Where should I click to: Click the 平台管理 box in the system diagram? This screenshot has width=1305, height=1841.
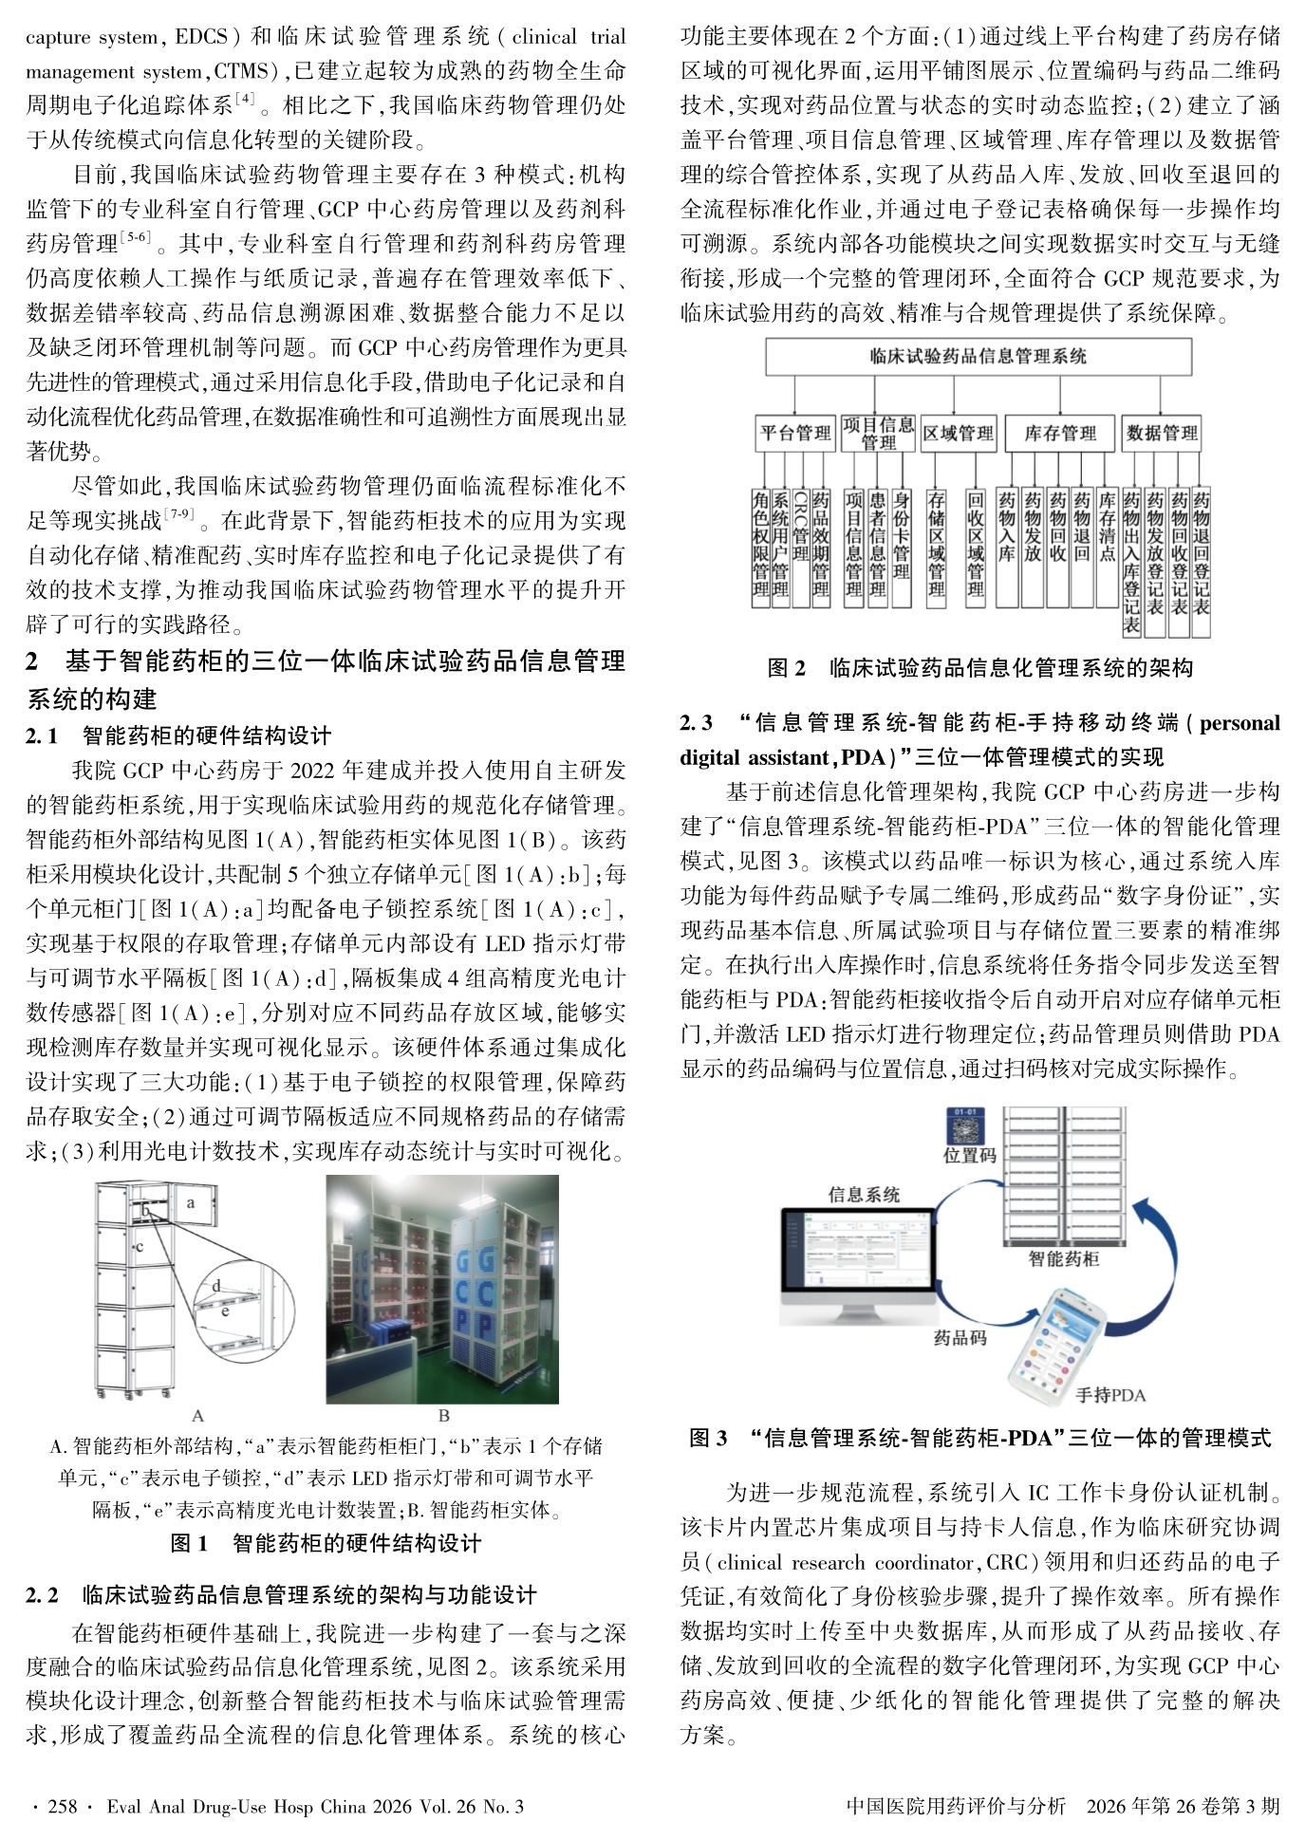pos(794,434)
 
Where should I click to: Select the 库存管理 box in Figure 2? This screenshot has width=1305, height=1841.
pos(1059,434)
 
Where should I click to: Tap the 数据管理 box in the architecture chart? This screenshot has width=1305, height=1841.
pos(1162,434)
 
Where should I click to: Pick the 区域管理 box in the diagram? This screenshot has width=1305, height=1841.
pos(958,434)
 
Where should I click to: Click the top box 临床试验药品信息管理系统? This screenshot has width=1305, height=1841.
pos(978,357)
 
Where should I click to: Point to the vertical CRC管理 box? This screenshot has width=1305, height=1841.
pos(800,546)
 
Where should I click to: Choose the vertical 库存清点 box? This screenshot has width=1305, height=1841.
pos(1107,546)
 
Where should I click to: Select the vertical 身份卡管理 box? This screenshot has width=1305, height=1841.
pos(901,546)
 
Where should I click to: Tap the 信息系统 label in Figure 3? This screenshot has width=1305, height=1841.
pos(864,1194)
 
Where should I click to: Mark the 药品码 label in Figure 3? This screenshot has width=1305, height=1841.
pos(960,1338)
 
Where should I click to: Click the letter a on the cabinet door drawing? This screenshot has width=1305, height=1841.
pos(191,1202)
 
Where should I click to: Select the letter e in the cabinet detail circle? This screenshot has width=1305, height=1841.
pos(225,1311)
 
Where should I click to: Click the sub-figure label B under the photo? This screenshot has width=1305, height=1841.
pos(443,1416)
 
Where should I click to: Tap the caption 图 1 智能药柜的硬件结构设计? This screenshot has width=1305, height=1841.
pos(326,1544)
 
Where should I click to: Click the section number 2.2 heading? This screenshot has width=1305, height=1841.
pos(42,1595)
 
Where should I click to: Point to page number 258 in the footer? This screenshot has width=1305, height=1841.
pos(62,1806)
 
